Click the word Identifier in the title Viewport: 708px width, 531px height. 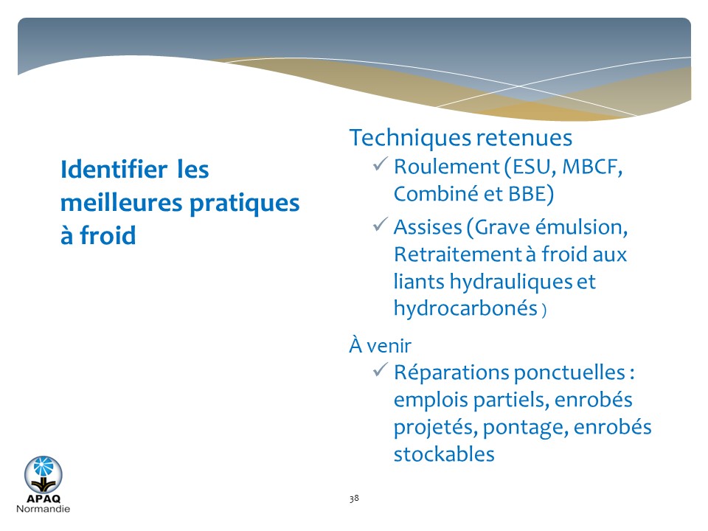(114, 170)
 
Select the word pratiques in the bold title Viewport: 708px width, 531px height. (244, 204)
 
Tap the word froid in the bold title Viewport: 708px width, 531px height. (108, 235)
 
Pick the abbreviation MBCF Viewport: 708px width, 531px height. (592, 167)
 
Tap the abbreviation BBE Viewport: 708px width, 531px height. (527, 194)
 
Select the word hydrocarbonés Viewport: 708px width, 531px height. (465, 308)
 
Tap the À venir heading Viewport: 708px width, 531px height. (381, 345)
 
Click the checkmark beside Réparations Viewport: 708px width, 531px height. (381, 369)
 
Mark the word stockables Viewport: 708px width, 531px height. (444, 454)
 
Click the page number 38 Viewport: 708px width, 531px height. (354, 498)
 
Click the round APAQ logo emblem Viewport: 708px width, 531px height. (44, 474)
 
